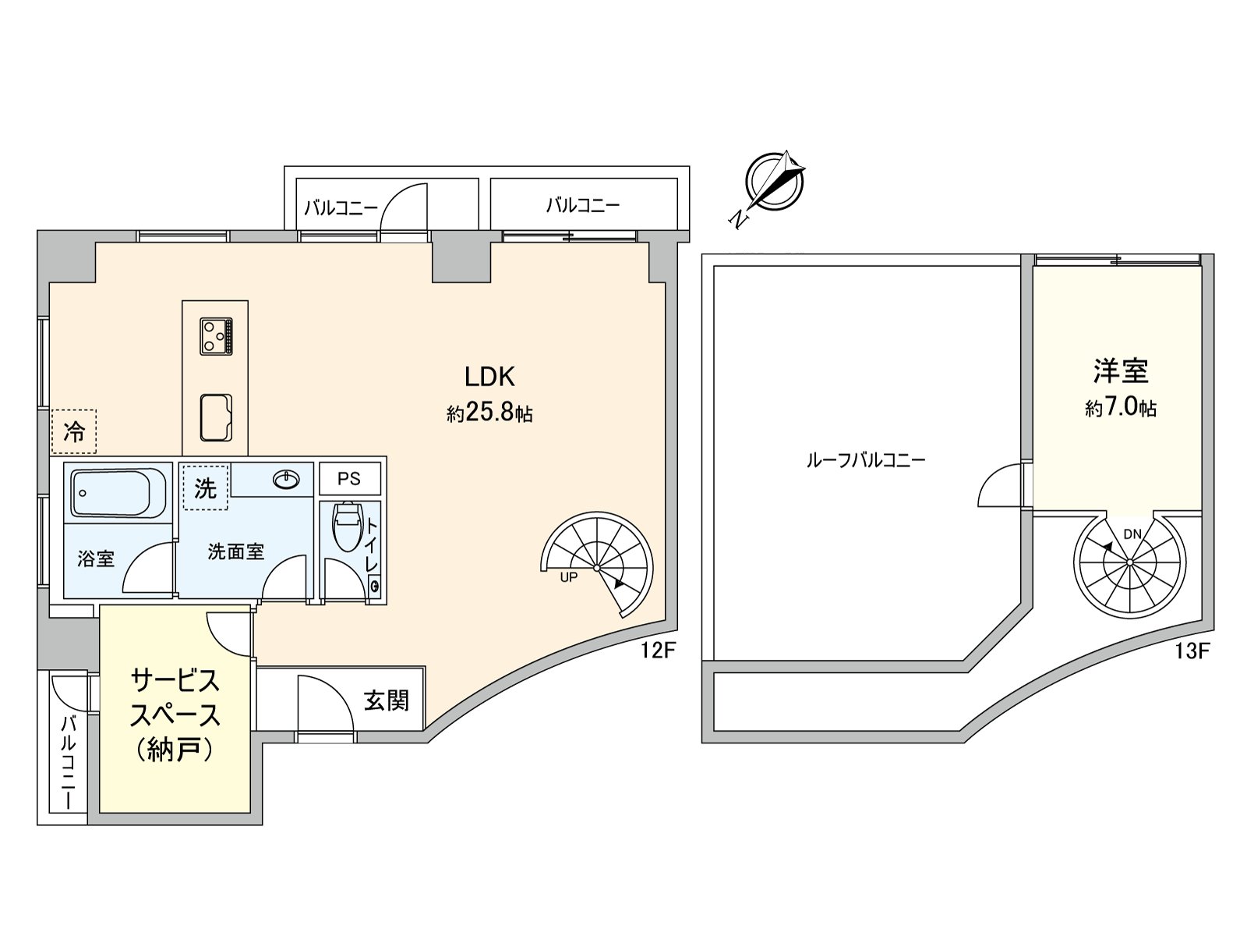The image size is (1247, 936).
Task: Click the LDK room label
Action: [489, 378]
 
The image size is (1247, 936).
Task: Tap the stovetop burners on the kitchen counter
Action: [216, 337]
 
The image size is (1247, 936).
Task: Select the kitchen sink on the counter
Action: [216, 417]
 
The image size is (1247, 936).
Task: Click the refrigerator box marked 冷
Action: [74, 431]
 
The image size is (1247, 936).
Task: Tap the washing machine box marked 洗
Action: [205, 488]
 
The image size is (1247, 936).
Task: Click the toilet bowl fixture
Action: [345, 526]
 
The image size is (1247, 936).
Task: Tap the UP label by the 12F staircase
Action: [569, 578]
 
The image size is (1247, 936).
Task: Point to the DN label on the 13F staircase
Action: [1132, 534]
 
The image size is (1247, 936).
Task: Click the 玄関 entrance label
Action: [387, 700]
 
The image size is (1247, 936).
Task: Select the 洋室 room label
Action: [1121, 371]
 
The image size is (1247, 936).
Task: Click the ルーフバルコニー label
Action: [865, 460]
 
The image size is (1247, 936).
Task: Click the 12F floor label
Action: [656, 651]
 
